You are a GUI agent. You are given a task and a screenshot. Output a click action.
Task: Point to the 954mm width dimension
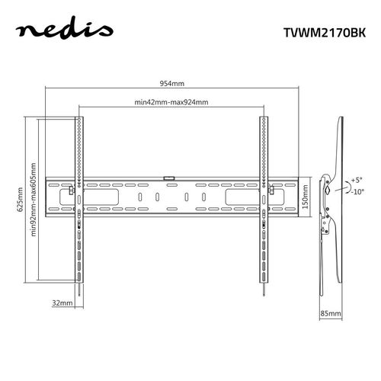point(173,85)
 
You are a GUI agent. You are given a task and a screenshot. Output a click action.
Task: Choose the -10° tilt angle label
point(357,192)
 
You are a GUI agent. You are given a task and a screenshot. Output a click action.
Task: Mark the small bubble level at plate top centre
point(169,179)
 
